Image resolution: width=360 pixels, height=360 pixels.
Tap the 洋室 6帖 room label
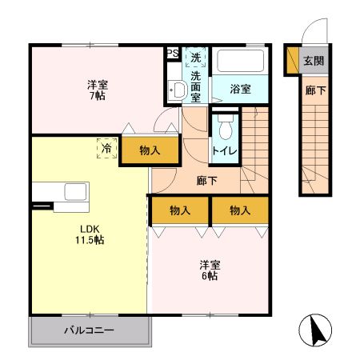[x=210, y=270]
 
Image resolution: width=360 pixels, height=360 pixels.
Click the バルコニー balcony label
[x=89, y=330]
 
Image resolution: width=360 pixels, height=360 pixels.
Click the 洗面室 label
[x=196, y=87]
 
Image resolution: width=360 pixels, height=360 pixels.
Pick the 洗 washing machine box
[x=196, y=58]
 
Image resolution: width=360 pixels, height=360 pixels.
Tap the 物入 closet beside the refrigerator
[x=149, y=150]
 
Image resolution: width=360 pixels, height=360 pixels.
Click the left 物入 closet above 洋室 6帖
[x=180, y=210]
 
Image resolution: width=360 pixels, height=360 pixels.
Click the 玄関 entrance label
[x=313, y=61]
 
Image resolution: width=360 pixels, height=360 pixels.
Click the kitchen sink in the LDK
[x=76, y=192]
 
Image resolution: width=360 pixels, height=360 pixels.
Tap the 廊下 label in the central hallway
[x=206, y=180]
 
